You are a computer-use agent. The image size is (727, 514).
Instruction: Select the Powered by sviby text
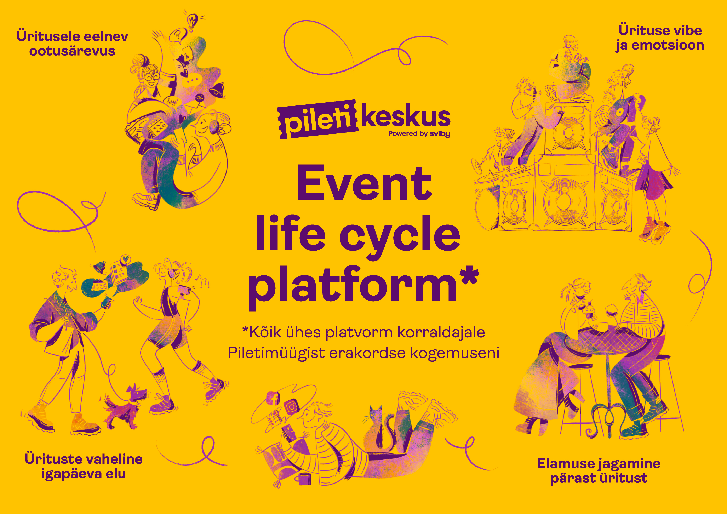click(x=419, y=134)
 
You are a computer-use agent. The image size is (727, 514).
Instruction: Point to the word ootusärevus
click(x=72, y=51)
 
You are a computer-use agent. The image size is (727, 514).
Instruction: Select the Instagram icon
click(x=291, y=406)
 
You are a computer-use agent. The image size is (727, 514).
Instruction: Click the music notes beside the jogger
click(x=203, y=281)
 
